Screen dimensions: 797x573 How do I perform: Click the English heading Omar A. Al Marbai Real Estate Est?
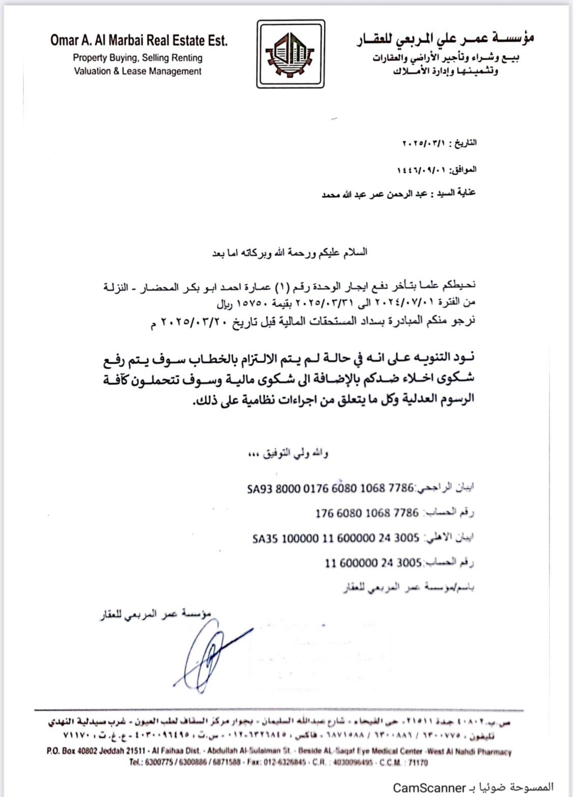click(139, 40)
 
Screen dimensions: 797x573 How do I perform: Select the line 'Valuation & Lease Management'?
click(138, 71)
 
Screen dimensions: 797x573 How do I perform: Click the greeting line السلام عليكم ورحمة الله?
click(306, 252)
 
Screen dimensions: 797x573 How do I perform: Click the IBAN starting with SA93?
click(330, 488)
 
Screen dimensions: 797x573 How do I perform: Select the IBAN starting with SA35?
click(336, 538)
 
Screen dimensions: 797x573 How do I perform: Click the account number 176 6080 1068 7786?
click(367, 513)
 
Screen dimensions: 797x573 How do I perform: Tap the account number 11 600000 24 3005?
click(373, 563)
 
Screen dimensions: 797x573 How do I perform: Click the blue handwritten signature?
click(209, 652)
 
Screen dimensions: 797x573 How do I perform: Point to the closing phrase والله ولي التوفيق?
click(295, 453)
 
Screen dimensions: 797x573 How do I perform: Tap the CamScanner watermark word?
click(429, 787)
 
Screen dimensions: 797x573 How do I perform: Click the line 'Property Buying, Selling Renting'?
click(138, 58)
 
